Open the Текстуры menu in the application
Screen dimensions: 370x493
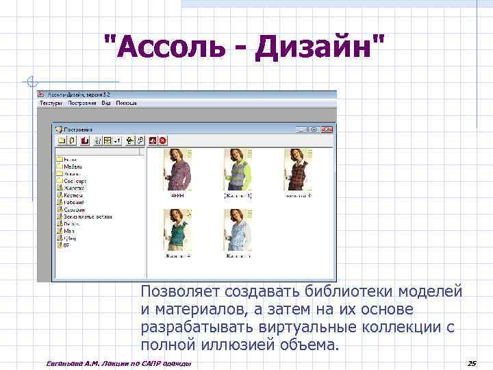click(x=51, y=103)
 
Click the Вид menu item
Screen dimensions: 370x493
click(x=106, y=103)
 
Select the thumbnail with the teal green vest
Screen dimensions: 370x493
click(x=177, y=230)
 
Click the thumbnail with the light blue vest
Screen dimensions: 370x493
click(x=238, y=230)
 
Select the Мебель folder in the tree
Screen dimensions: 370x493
click(x=73, y=166)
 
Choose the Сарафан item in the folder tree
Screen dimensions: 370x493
click(x=75, y=210)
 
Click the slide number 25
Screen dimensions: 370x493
click(x=471, y=362)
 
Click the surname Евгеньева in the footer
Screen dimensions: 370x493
click(x=63, y=362)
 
